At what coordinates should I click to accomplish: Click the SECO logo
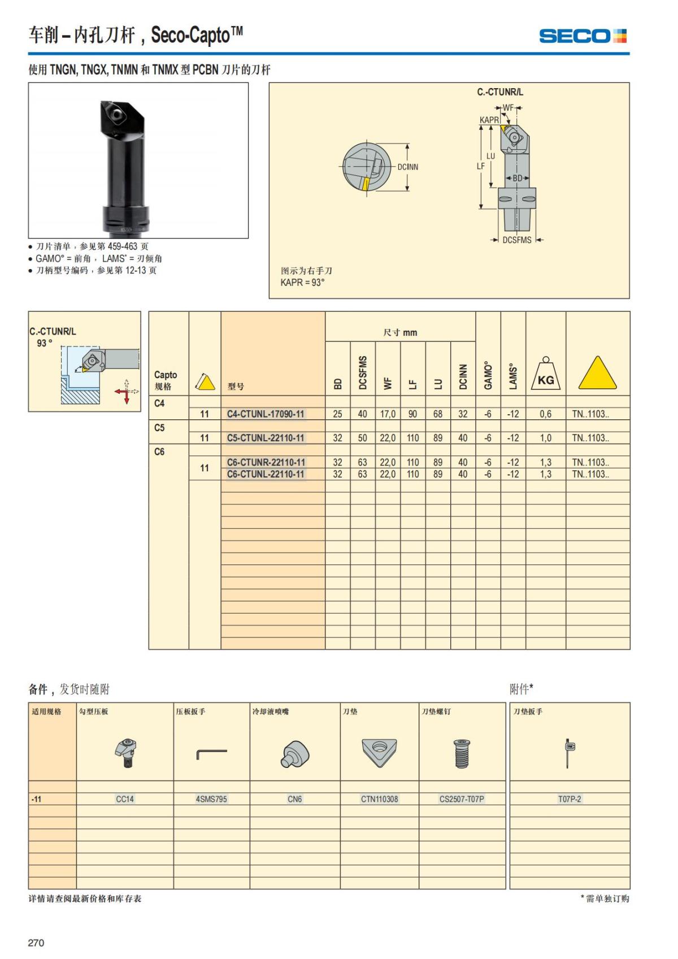point(583,36)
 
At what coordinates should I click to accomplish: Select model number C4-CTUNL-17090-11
point(266,414)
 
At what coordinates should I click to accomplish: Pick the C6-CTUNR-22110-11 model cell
point(266,462)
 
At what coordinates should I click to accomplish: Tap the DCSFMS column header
point(363,372)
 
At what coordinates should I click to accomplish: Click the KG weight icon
point(545,374)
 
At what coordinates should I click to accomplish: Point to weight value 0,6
point(545,414)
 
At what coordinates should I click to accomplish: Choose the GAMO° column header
point(488,376)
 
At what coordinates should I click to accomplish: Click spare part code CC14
point(125,799)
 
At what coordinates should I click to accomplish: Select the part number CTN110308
point(379,799)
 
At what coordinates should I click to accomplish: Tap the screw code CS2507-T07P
point(462,799)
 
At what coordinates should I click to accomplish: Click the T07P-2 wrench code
point(569,799)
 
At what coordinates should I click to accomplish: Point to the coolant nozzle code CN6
point(294,799)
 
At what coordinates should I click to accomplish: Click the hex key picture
point(211,753)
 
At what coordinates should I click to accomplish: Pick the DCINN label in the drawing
point(407,167)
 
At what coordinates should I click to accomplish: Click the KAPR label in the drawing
point(489,120)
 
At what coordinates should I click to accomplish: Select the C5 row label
point(159,428)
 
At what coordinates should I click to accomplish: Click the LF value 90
point(412,414)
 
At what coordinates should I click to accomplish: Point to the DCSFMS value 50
point(362,438)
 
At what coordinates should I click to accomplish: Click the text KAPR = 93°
point(302,283)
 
